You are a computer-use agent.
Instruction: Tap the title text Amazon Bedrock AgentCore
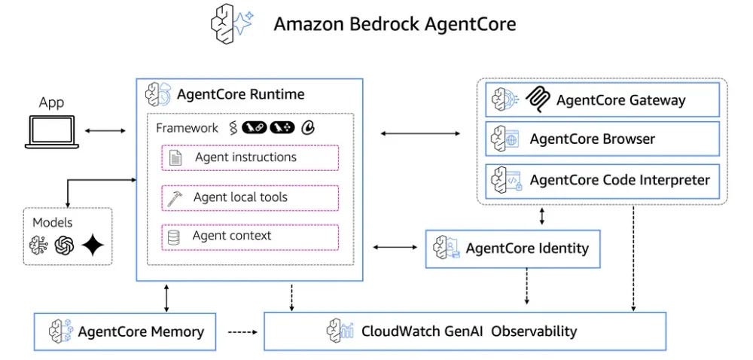[395, 24]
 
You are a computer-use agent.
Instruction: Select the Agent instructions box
[250, 158]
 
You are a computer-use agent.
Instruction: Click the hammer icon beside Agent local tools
[175, 198]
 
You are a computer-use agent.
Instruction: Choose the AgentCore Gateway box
[602, 99]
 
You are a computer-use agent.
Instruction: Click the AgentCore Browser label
[592, 139]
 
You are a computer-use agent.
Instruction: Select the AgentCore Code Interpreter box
[602, 180]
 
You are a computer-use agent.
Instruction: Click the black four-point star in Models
[93, 246]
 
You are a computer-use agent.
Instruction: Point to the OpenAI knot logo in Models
[65, 246]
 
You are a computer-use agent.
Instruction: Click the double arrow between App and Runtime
[105, 131]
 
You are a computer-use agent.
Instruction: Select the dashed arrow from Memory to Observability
[240, 331]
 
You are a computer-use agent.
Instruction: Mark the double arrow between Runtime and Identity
[395, 247]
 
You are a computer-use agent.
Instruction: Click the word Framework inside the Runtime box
[187, 128]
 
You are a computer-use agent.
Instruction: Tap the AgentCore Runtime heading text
[240, 94]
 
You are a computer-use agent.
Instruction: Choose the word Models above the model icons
[53, 223]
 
